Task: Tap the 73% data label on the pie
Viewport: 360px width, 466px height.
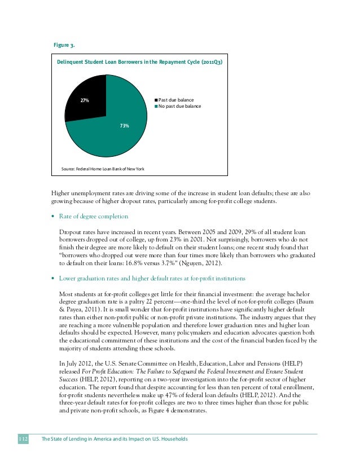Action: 125,125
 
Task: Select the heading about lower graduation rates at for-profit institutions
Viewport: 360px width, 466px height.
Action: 152,278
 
